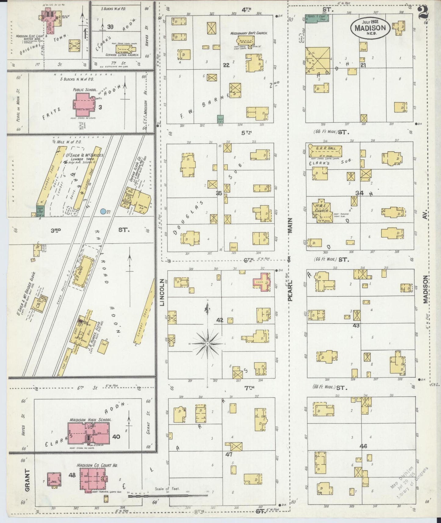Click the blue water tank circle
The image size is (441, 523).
(103, 211)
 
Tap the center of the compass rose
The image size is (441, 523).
(207, 344)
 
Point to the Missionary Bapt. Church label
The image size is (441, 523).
(249, 33)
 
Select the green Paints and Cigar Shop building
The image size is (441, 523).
(317, 18)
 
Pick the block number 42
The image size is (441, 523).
(220, 320)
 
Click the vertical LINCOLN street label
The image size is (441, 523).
(162, 293)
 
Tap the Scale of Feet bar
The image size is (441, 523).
(168, 495)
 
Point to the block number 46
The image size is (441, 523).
(363, 446)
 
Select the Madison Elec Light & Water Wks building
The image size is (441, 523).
(49, 18)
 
